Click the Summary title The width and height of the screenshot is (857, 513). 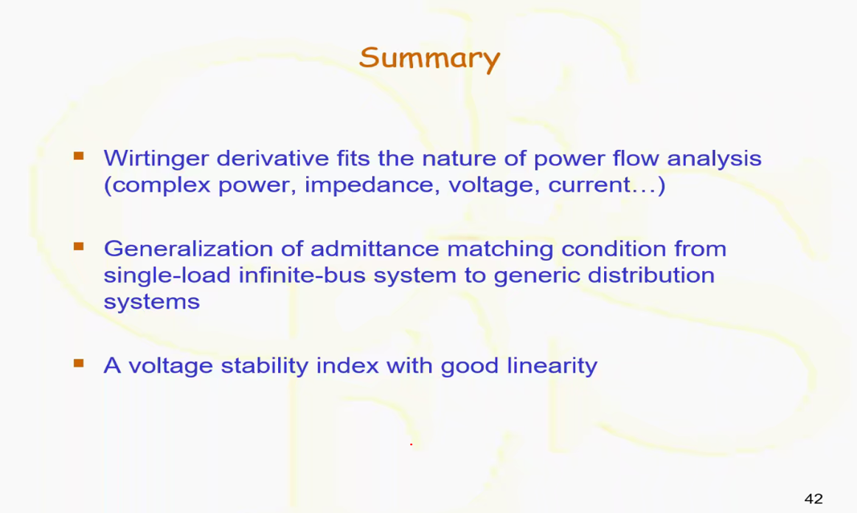429,58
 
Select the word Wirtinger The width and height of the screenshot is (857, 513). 156,159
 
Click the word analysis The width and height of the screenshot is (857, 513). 714,159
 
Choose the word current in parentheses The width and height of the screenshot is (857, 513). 589,185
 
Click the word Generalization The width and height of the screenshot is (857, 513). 189,249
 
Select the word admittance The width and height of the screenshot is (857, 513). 375,249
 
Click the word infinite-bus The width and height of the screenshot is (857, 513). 302,275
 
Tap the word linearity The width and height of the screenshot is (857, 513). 552,365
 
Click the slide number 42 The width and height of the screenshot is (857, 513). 813,499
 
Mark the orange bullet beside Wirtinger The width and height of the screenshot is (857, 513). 79,156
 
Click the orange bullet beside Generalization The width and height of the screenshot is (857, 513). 79,247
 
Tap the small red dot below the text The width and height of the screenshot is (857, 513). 411,444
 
